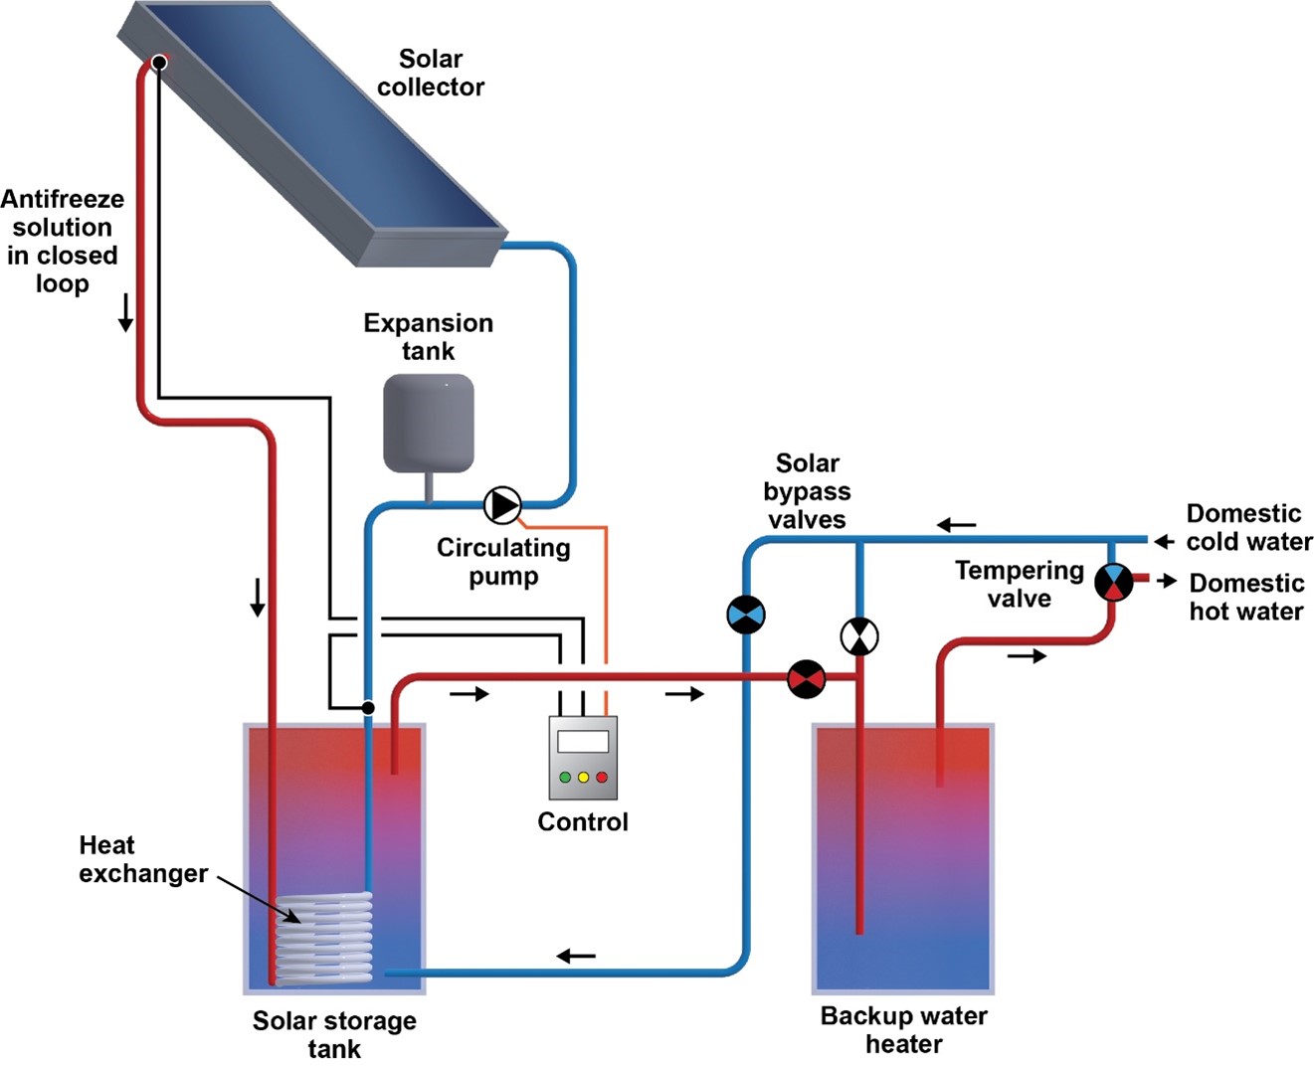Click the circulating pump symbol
click(502, 505)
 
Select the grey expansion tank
click(429, 422)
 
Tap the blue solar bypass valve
click(745, 615)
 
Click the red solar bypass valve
click(807, 679)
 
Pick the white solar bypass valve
click(859, 636)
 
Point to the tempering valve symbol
click(1113, 582)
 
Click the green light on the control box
click(565, 777)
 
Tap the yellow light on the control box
click(583, 777)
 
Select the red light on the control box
click(601, 777)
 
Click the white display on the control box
click(583, 742)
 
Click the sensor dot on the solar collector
click(159, 63)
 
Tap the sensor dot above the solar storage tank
click(368, 708)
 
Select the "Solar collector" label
click(431, 73)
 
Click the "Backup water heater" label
click(903, 1029)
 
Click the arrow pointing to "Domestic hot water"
click(1167, 581)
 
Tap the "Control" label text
click(583, 821)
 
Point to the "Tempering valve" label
click(1019, 584)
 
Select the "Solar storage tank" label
click(334, 1034)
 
